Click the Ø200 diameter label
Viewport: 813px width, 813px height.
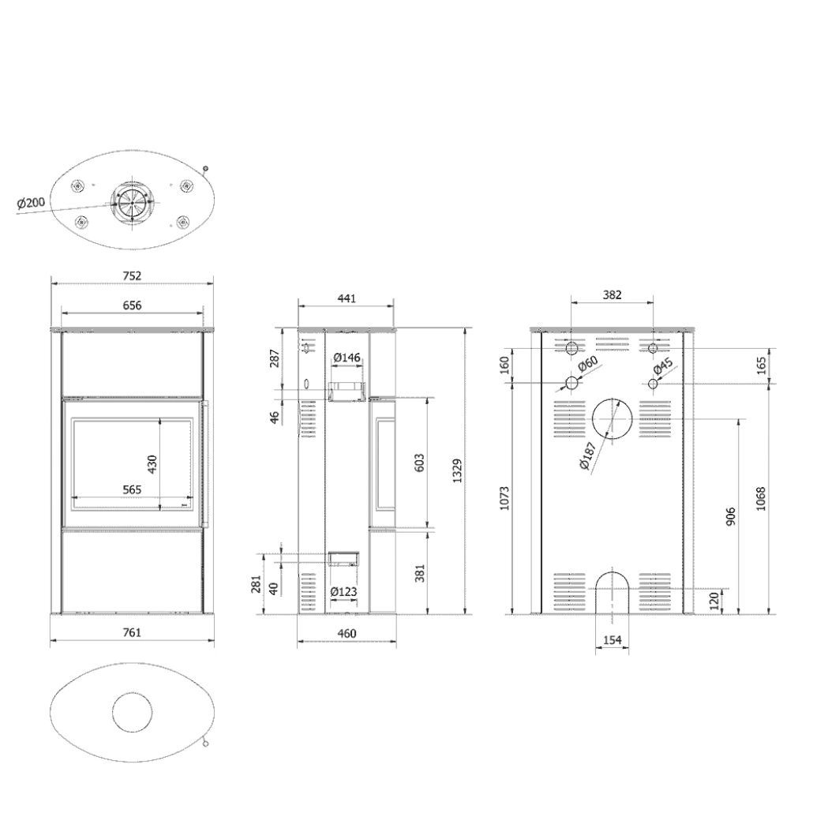pos(31,204)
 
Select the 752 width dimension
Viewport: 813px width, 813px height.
pos(132,275)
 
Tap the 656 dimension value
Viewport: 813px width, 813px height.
pos(132,305)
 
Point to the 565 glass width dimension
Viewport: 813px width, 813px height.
pos(132,489)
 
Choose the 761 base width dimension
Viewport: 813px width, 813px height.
pos(132,632)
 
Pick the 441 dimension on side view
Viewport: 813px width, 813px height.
pos(347,298)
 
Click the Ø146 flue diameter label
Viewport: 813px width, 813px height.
pos(347,358)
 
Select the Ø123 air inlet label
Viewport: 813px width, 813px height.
pos(344,591)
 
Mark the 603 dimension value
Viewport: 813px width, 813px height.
pos(419,463)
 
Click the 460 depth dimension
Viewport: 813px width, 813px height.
pos(347,633)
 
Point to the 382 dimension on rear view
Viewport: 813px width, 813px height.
pos(613,295)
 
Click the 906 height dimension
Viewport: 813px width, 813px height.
pos(731,517)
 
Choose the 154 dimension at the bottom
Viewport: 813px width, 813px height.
pos(613,640)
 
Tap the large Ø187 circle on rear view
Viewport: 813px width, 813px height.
pos(613,418)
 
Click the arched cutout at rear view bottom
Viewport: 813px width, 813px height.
pos(613,591)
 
